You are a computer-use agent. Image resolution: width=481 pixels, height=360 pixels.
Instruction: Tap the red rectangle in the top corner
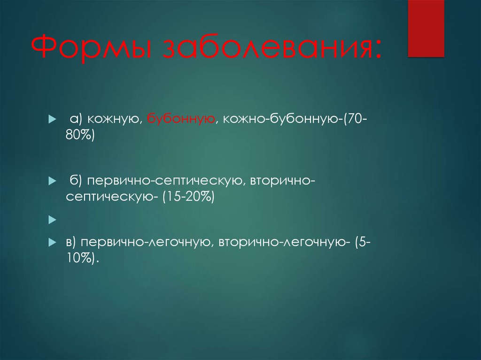coord(426,28)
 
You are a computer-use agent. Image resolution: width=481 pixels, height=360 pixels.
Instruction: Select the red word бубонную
coord(181,120)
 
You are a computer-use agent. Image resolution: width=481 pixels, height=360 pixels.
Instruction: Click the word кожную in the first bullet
coord(114,120)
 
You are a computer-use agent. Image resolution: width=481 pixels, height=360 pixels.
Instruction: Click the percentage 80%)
coord(80,136)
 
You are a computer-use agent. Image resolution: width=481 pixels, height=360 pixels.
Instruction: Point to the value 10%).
coord(83,258)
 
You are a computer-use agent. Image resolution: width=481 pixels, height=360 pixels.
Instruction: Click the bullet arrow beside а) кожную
coord(52,121)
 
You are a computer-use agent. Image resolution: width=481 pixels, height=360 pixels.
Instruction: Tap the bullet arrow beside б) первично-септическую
coord(52,181)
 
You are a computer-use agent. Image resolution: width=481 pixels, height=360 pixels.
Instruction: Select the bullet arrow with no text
coord(52,219)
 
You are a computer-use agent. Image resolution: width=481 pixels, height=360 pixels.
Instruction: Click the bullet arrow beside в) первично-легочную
coord(52,242)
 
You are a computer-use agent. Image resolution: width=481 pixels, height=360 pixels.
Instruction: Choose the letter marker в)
coord(71,242)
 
